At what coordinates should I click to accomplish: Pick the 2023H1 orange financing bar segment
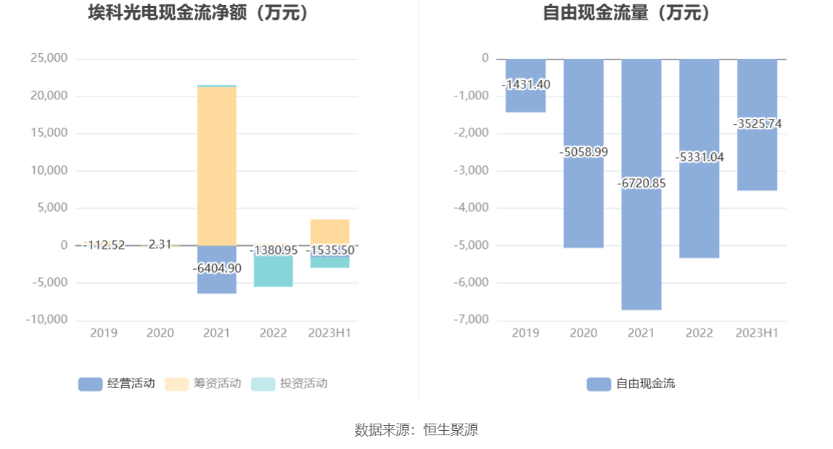tap(329, 231)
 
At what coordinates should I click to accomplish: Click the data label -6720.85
tap(641, 184)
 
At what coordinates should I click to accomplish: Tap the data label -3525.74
tap(758, 124)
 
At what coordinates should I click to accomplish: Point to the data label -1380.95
tap(274, 250)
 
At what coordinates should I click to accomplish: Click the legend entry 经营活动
tap(117, 384)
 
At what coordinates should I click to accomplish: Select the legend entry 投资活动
tap(290, 384)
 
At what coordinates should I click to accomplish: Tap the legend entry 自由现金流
tap(631, 384)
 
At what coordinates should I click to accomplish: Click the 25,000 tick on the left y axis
tap(49, 59)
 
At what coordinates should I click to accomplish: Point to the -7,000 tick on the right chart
tap(472, 320)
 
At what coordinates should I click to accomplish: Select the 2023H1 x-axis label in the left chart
tap(329, 333)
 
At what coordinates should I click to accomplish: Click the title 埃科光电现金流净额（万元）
tap(198, 12)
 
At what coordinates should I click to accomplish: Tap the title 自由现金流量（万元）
tap(628, 12)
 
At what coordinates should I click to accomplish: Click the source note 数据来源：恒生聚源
tap(416, 429)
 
